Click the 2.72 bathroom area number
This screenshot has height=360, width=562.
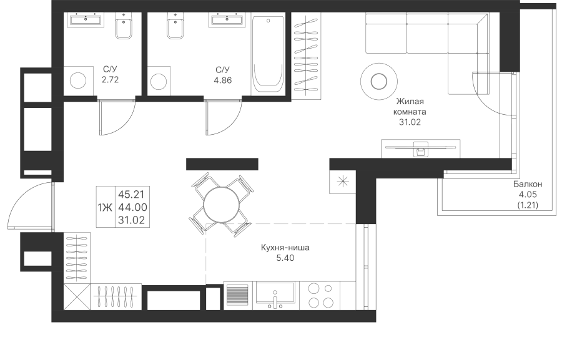tap(110, 80)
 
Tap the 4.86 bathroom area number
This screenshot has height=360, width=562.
tap(223, 80)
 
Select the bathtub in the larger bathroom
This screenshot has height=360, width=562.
tap(268, 55)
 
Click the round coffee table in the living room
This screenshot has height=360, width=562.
tap(378, 80)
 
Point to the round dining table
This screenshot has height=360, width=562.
tap(221, 203)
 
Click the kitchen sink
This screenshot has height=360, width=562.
tap(275, 295)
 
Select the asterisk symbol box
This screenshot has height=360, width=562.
tap(342, 182)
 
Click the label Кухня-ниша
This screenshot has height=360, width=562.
tap(285, 248)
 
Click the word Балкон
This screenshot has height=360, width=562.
tap(528, 185)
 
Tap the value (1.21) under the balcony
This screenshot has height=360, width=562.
tap(528, 205)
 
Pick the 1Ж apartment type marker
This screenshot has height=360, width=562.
tap(104, 207)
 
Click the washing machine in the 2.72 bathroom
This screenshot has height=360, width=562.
tap(79, 80)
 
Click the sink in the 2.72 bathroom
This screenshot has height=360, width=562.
tap(86, 21)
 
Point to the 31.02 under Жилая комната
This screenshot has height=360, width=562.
tap(410, 122)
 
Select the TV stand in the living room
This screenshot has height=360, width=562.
tap(420, 148)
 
